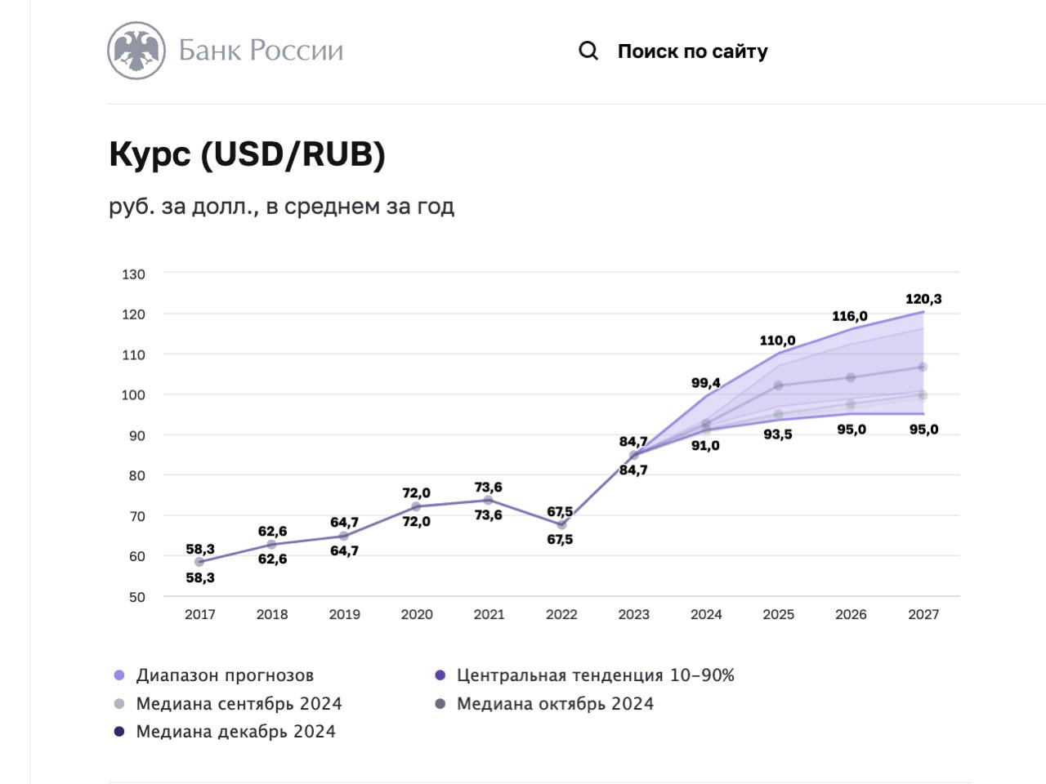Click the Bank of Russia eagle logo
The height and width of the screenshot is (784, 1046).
point(136,51)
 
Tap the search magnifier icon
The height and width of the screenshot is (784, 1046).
point(588,51)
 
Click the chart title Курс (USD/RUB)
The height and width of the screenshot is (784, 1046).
point(247,154)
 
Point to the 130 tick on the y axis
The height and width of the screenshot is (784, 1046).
point(133,274)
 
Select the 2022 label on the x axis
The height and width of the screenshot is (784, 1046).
point(561,615)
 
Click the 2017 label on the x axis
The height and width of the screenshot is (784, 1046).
point(200,615)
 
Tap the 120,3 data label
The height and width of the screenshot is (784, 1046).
point(923,299)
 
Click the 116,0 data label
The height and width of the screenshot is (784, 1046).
point(850,316)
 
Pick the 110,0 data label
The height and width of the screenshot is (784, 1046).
point(777,341)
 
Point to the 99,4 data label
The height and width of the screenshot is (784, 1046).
point(706,382)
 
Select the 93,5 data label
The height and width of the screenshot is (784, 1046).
point(778,434)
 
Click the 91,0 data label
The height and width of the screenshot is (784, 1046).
point(705,446)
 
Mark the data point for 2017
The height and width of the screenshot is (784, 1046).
point(199,562)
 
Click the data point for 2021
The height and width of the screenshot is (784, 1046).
point(489,501)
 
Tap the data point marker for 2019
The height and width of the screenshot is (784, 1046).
point(344,537)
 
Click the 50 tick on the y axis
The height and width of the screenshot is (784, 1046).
point(136,597)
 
